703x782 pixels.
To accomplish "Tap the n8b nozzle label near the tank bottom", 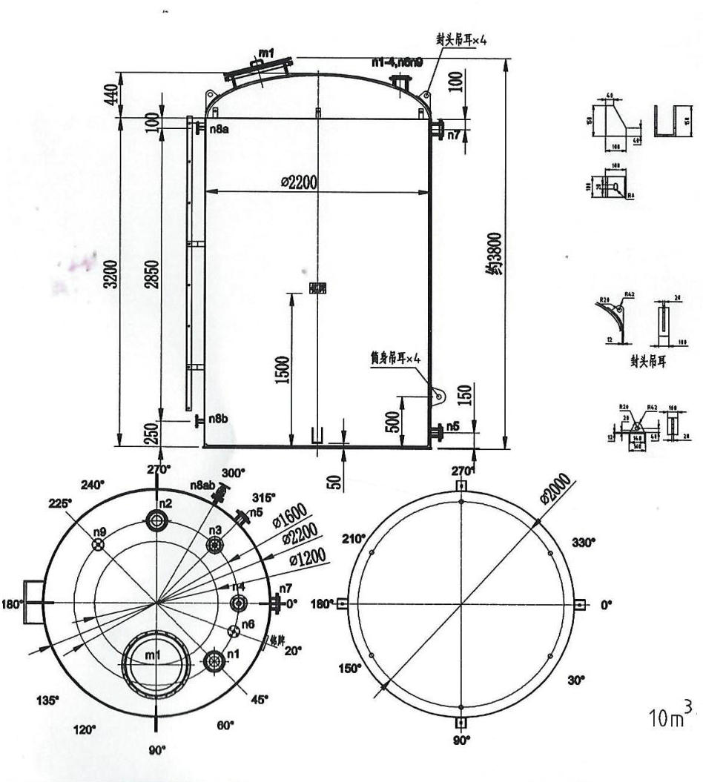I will click(x=217, y=420).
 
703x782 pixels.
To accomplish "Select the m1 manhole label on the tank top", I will click(x=267, y=53).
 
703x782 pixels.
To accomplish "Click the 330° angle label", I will click(x=583, y=543).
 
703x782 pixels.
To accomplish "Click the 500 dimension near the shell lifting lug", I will click(x=393, y=421).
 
